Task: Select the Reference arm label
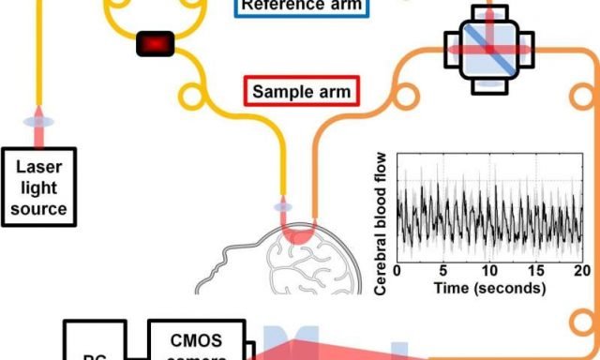tap(302, 6)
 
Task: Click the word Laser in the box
tap(37, 168)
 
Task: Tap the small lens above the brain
tap(281, 205)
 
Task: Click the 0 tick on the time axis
tap(397, 272)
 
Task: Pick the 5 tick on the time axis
tap(442, 272)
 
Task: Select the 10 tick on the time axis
tap(487, 272)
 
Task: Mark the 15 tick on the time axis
tap(533, 272)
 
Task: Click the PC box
tap(94, 343)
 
